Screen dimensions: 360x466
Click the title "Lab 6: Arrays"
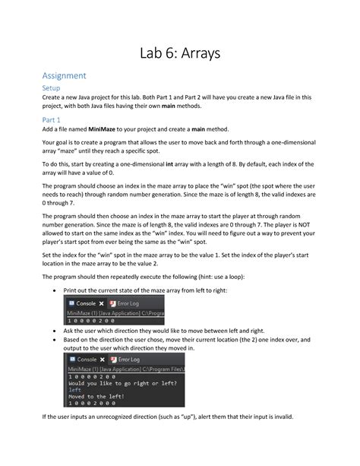[x=180, y=52]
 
